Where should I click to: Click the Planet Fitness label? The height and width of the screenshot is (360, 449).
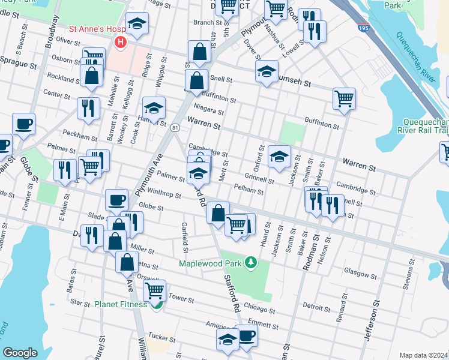click(x=120, y=304)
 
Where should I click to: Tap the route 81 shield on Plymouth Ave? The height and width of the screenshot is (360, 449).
click(x=174, y=127)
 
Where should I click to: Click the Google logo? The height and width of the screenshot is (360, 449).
click(x=20, y=353)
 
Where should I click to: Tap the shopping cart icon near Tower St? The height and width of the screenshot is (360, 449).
click(x=155, y=290)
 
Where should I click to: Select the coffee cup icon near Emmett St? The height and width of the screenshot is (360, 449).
click(x=246, y=336)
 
